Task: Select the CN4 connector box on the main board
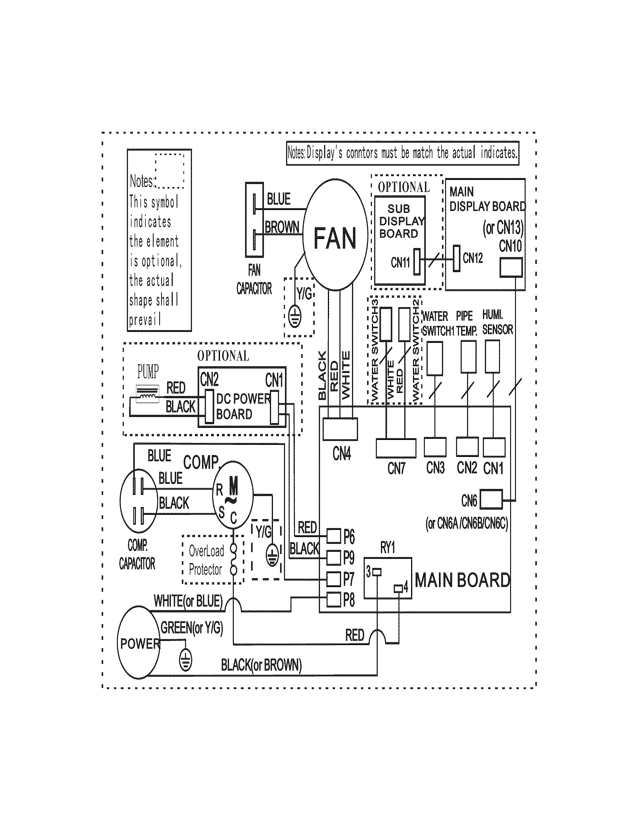coord(340,429)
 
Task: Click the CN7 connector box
coord(396,448)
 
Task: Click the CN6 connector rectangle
coord(491,500)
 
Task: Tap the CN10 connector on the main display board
coord(511,267)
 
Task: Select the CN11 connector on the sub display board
coord(417,262)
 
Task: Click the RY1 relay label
coord(387,548)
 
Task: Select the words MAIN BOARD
coord(462,580)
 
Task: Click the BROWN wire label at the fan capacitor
coord(282,227)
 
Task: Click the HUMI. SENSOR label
coord(497,322)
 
